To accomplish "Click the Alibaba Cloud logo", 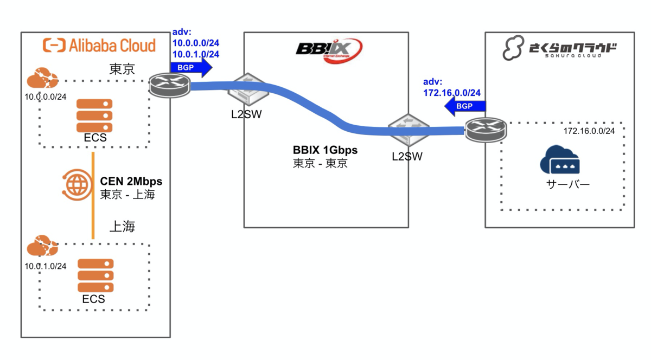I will pos(99,45).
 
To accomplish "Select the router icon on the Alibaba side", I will pos(170,85).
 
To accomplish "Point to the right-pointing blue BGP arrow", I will pos(190,68).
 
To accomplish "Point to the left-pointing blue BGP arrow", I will pos(464,106).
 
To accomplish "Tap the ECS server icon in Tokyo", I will pos(95,115).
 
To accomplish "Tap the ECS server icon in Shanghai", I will pos(95,276).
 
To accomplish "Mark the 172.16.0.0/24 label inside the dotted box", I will pos(589,131).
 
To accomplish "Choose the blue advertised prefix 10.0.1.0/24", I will pos(196,54).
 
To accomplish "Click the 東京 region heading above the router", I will pos(123,69).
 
